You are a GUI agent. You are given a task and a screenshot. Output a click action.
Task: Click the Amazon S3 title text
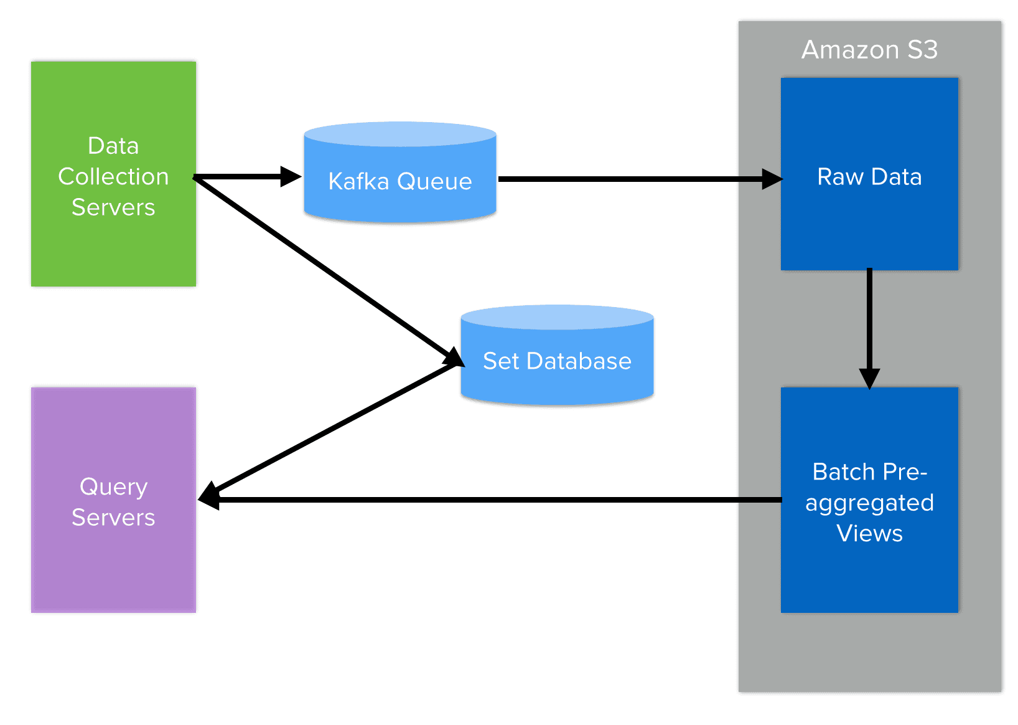869,50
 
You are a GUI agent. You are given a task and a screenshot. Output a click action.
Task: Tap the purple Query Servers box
113,561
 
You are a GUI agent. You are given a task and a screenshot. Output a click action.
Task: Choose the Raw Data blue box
869,224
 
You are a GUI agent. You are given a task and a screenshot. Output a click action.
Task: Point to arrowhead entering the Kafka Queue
291,177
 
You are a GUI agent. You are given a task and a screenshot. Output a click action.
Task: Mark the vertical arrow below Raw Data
869,324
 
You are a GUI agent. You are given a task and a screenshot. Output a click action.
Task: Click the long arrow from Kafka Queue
622,179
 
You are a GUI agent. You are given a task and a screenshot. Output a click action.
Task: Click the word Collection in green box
113,177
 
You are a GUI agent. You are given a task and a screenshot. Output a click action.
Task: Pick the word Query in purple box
113,487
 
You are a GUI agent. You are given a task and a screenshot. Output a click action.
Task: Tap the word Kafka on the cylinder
358,181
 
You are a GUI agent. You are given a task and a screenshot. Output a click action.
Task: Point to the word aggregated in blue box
869,503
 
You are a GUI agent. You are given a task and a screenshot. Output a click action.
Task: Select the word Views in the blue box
869,534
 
